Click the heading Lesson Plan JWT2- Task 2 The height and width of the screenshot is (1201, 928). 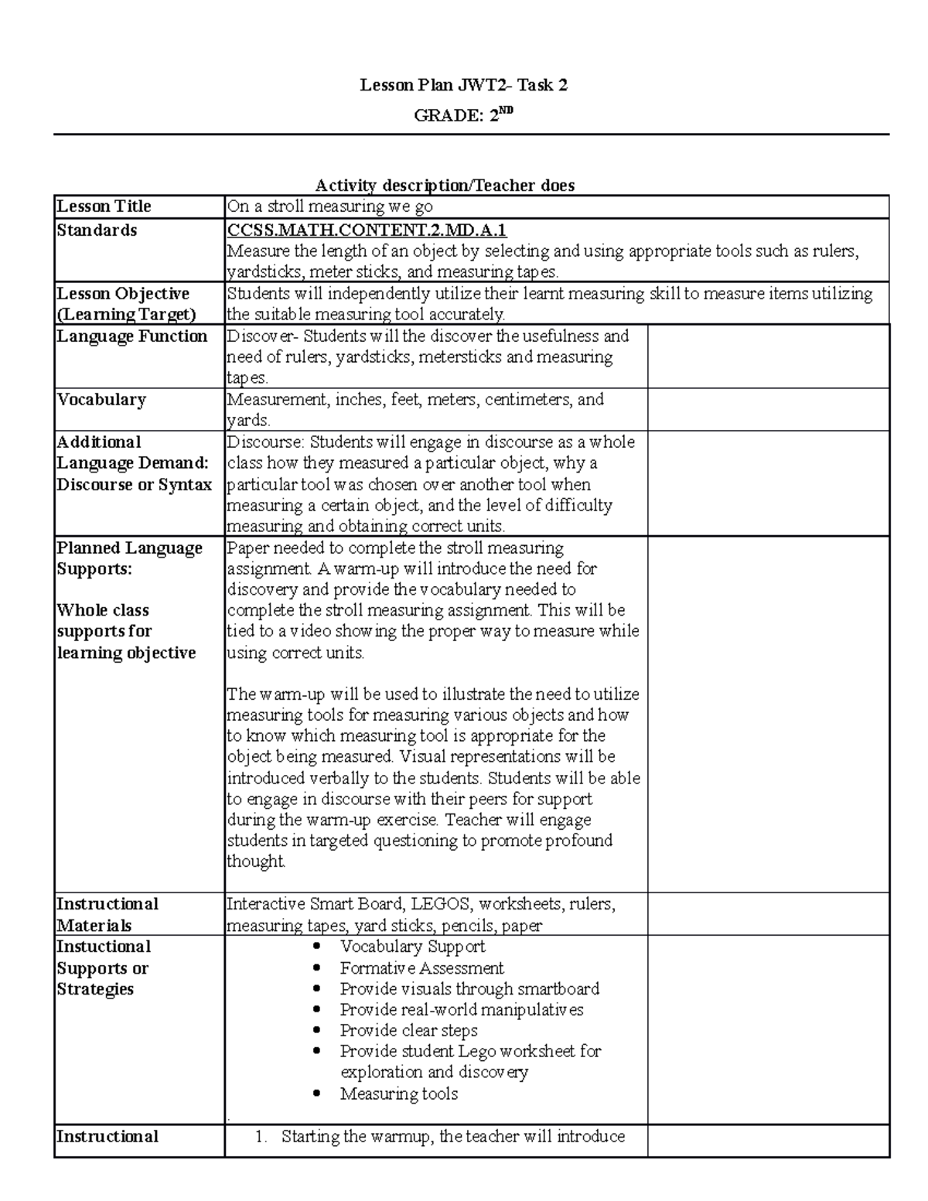click(463, 85)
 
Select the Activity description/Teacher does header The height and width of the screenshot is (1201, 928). click(445, 186)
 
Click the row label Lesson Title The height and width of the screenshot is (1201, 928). click(104, 206)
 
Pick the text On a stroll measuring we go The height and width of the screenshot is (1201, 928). click(329, 206)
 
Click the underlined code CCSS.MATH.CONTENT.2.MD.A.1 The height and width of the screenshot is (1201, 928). click(367, 230)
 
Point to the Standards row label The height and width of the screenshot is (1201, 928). click(97, 230)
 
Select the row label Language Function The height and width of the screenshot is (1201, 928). click(132, 336)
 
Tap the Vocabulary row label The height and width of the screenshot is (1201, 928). click(101, 400)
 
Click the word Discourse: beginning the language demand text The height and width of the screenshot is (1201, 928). click(266, 442)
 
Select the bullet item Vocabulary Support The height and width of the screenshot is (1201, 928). click(412, 947)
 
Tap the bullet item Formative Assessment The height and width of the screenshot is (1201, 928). click(421, 968)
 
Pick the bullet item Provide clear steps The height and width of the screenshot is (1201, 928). click(408, 1031)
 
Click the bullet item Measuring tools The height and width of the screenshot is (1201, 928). click(398, 1094)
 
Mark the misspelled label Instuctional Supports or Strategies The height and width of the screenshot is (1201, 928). click(104, 968)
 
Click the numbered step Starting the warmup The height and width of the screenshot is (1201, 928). click(452, 1137)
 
